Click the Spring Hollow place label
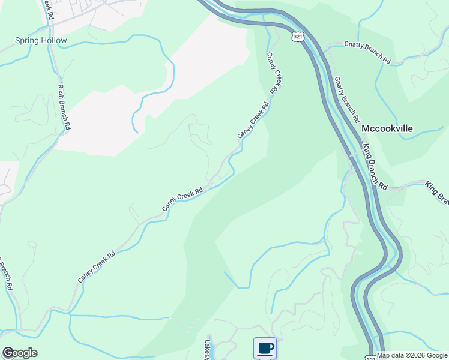tap(41, 41)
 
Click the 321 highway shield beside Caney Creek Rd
tap(298, 37)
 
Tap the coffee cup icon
tap(265, 348)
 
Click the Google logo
tap(19, 353)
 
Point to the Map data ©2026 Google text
tap(412, 355)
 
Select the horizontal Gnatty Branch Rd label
tap(367, 53)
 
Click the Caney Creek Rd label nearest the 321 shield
tap(274, 73)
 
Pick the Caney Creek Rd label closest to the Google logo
tap(96, 267)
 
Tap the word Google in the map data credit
tap(435, 355)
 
